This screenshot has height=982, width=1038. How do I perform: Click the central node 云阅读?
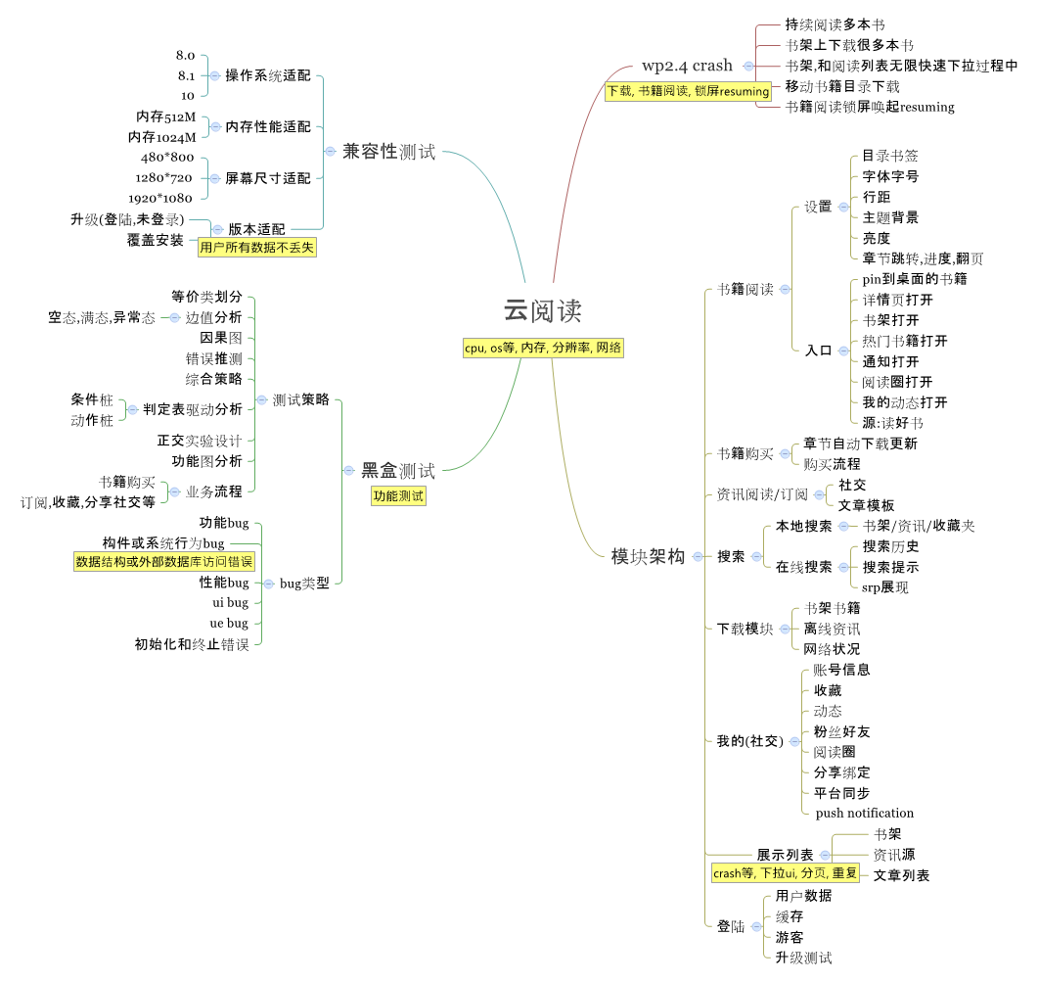pyautogui.click(x=543, y=311)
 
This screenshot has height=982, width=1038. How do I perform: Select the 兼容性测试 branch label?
pyautogui.click(x=387, y=152)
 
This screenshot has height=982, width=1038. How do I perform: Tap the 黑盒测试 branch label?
pyautogui.click(x=398, y=471)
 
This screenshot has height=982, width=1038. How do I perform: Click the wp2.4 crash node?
pyautogui.click(x=687, y=67)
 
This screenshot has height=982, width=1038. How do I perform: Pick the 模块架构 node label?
pyautogui.click(x=648, y=556)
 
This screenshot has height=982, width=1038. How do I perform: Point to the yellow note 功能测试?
pyautogui.click(x=398, y=496)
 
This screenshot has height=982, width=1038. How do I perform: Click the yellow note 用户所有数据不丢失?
pyautogui.click(x=257, y=248)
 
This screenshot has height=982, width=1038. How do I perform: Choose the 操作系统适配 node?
pyautogui.click(x=267, y=75)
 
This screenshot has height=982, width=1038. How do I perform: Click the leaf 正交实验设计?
pyautogui.click(x=200, y=441)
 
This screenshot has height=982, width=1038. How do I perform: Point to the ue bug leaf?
pyautogui.click(x=230, y=623)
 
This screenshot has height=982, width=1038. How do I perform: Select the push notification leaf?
pyautogui.click(x=865, y=813)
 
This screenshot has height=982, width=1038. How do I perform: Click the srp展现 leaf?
pyautogui.click(x=885, y=587)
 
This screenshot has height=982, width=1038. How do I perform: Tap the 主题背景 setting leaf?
pyautogui.click(x=890, y=217)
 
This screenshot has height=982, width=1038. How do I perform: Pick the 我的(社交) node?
pyautogui.click(x=750, y=741)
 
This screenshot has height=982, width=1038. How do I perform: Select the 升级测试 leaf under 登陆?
pyautogui.click(x=803, y=958)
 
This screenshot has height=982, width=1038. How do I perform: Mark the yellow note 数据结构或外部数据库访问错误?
pyautogui.click(x=164, y=562)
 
